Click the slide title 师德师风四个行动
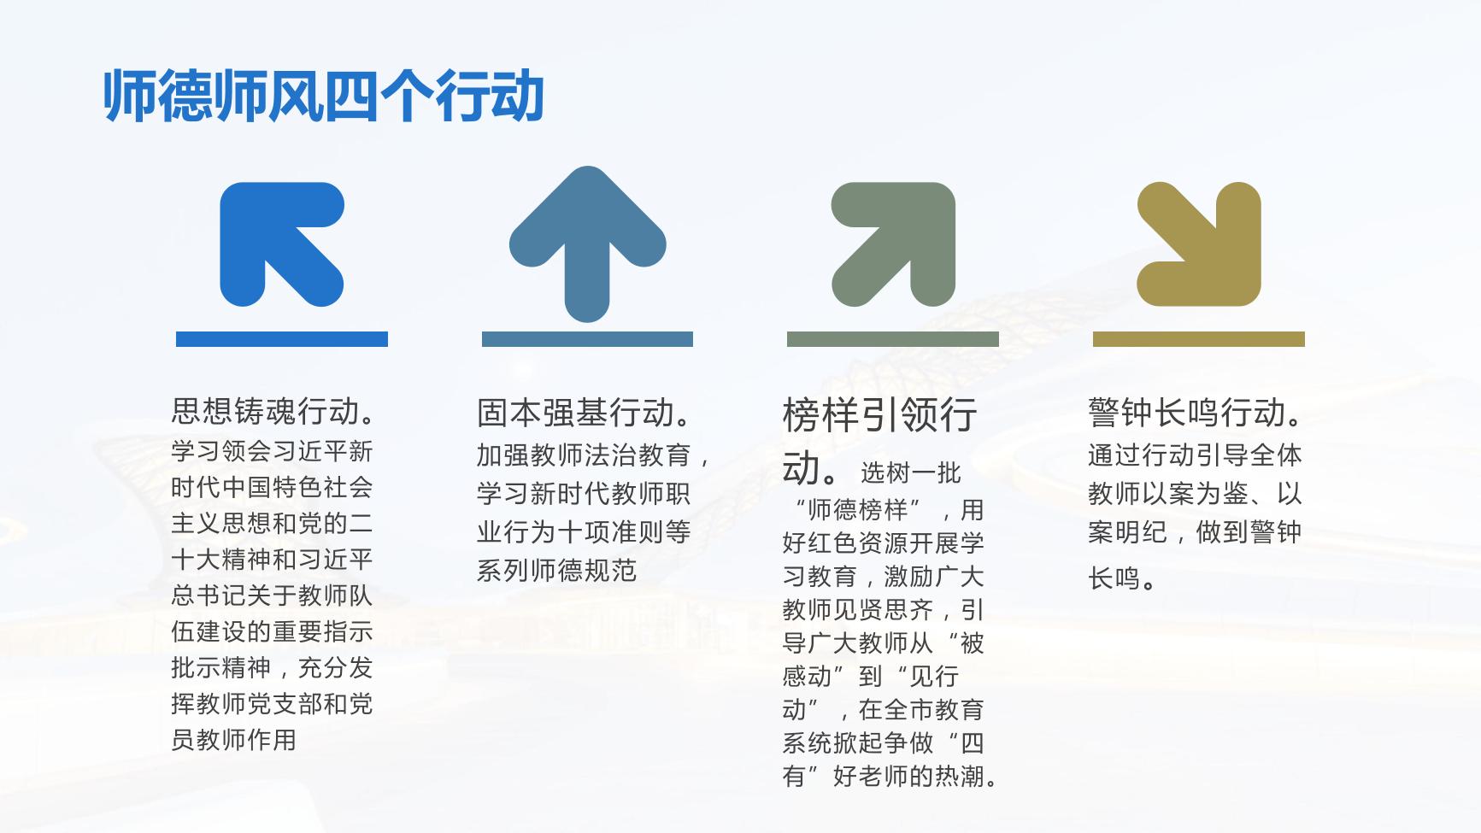point(324,96)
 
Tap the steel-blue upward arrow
point(587,243)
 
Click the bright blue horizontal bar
point(282,339)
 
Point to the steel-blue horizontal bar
point(587,339)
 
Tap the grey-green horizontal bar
point(893,339)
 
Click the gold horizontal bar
point(1199,339)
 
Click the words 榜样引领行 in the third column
point(880,415)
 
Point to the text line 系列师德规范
point(557,570)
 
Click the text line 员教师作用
point(234,739)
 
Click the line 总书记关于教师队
point(272,595)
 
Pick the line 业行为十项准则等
point(584,531)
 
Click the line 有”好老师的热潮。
point(890,776)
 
